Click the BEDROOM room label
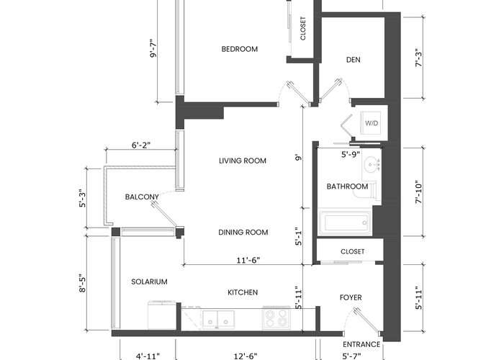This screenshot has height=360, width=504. tap(240, 49)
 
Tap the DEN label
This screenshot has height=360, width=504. tap(354, 60)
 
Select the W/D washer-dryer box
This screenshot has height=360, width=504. tap(372, 123)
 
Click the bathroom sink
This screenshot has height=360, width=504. tap(372, 165)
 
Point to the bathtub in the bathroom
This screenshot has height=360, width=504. tap(345, 222)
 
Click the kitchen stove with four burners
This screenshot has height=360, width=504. tap(276, 318)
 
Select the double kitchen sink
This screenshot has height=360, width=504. tap(218, 320)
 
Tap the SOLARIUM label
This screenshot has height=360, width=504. tap(149, 282)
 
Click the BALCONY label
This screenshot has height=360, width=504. tap(142, 197)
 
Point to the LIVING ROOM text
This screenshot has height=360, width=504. tap(243, 161)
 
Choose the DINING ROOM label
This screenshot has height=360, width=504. tap(243, 233)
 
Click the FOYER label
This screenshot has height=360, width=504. tap(351, 297)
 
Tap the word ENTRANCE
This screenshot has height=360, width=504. tap(361, 345)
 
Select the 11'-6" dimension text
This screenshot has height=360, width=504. tap(248, 260)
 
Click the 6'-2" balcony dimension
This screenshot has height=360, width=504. tap(141, 145)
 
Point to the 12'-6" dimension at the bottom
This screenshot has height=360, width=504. tap(246, 356)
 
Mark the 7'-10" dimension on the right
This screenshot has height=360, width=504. tap(418, 192)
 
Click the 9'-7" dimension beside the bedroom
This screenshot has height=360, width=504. tap(153, 48)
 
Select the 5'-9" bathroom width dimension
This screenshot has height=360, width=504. tap(351, 155)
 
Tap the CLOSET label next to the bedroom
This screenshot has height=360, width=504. tap(303, 28)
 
